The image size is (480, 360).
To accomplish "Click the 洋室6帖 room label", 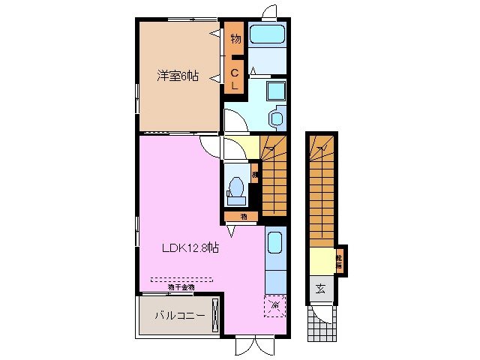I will (177, 76).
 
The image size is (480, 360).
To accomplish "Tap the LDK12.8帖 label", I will (190, 248).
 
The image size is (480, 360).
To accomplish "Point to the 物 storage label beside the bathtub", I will (235, 38).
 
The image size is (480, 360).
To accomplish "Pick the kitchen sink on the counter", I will (275, 244).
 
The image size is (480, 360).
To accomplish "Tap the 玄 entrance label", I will (320, 289).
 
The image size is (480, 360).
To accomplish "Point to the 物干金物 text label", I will (181, 286).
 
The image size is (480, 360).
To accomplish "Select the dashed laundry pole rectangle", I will (181, 279).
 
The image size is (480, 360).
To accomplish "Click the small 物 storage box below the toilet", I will (244, 217).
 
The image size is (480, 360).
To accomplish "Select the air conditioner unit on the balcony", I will (215, 315).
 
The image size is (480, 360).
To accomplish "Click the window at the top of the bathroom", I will (269, 10).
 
